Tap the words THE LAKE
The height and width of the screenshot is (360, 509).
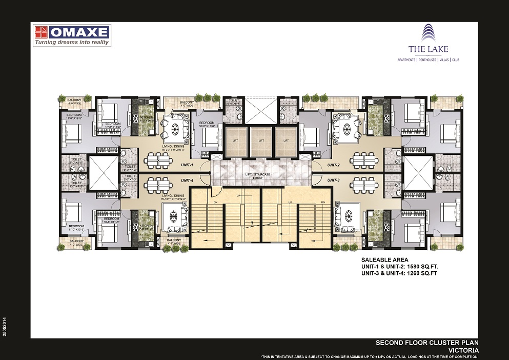[421, 49]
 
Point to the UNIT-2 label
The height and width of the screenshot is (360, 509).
[334, 165]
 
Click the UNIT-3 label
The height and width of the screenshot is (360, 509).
[334, 180]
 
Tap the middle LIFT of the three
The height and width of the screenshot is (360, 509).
[261, 141]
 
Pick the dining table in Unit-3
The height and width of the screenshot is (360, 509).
[365, 184]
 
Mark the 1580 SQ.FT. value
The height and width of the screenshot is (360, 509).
[419, 267]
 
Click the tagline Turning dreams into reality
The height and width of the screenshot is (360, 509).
[72, 43]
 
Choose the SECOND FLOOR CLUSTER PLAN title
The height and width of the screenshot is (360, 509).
[427, 343]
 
